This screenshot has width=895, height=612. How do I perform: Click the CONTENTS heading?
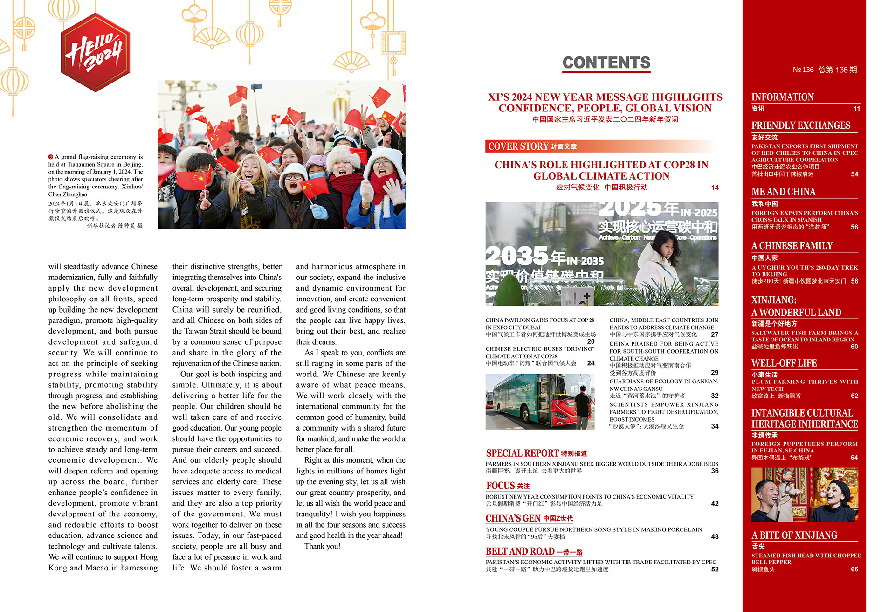(x=606, y=63)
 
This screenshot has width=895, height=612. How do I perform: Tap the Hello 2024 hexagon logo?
(x=95, y=52)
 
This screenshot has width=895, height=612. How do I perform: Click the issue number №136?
(x=803, y=70)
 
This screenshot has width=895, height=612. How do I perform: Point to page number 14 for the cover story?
(x=715, y=188)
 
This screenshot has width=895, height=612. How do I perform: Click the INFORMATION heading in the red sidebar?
(x=782, y=97)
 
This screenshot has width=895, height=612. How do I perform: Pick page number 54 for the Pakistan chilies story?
(x=854, y=174)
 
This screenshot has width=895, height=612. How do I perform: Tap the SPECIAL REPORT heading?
(x=522, y=453)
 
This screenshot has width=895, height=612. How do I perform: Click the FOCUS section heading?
(x=500, y=486)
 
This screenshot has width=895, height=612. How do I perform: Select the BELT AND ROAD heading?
(x=520, y=551)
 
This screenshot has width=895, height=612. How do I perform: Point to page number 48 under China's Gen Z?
(x=715, y=537)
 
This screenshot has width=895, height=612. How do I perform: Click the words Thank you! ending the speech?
(x=323, y=546)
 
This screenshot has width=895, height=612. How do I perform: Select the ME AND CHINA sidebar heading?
(x=783, y=192)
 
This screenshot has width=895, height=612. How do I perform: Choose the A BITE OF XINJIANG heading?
(x=794, y=535)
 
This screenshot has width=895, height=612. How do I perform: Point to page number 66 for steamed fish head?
(x=854, y=570)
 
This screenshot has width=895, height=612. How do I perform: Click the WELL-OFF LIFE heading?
(x=784, y=363)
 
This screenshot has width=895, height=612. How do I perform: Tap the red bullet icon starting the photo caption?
(x=51, y=157)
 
